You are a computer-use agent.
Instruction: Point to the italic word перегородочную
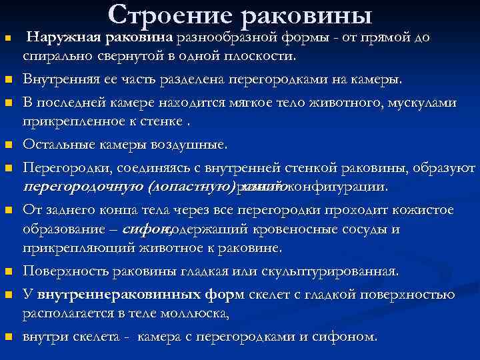tap(85, 185)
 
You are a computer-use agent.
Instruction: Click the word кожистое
tap(419, 210)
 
